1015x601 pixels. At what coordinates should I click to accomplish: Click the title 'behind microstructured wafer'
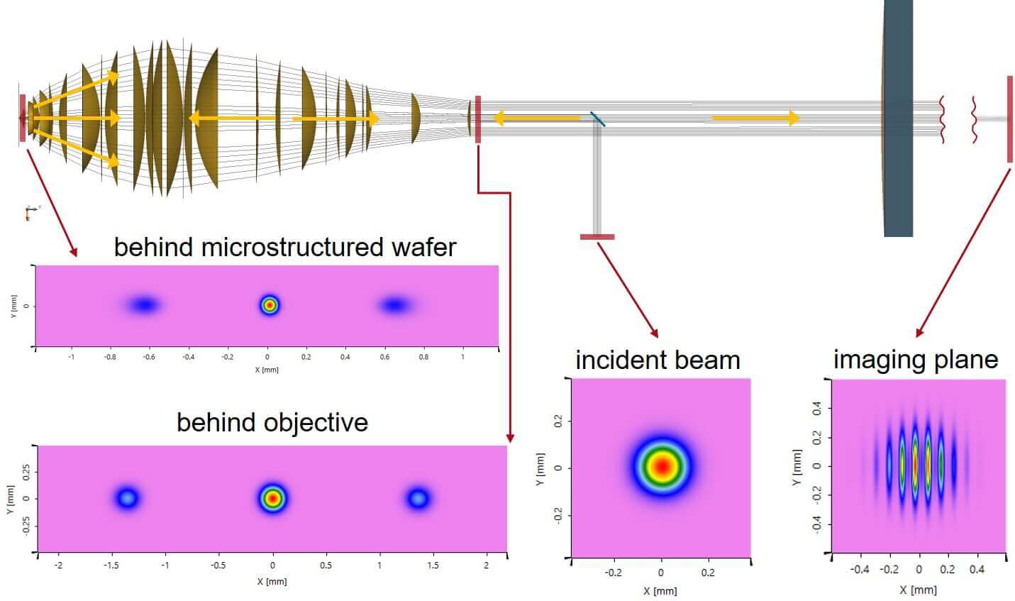(285, 248)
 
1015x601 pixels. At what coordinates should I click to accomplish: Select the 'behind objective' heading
(272, 423)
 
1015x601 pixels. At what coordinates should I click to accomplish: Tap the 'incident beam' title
(658, 360)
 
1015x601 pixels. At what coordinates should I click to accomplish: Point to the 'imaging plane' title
(916, 360)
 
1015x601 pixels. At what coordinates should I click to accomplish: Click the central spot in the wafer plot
(270, 305)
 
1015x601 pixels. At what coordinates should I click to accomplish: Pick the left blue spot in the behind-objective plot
(128, 498)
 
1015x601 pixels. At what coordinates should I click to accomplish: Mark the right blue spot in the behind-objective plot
(418, 498)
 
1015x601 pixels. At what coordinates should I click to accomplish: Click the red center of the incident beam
(662, 466)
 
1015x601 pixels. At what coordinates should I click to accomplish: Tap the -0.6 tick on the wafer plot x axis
(149, 357)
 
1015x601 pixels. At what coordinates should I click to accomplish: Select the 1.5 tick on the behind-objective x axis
(433, 566)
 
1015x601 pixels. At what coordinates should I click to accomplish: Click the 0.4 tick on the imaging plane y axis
(817, 409)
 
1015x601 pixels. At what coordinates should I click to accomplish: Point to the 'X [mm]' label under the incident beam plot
(660, 591)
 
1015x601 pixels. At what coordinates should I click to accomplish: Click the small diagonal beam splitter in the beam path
(597, 118)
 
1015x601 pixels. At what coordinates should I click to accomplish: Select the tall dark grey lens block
(897, 118)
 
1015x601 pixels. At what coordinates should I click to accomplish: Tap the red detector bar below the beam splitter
(597, 236)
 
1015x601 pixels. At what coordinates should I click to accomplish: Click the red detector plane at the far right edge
(1009, 118)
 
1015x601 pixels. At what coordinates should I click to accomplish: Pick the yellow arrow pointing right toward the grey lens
(755, 118)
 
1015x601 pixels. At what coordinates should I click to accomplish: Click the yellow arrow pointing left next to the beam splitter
(536, 118)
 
